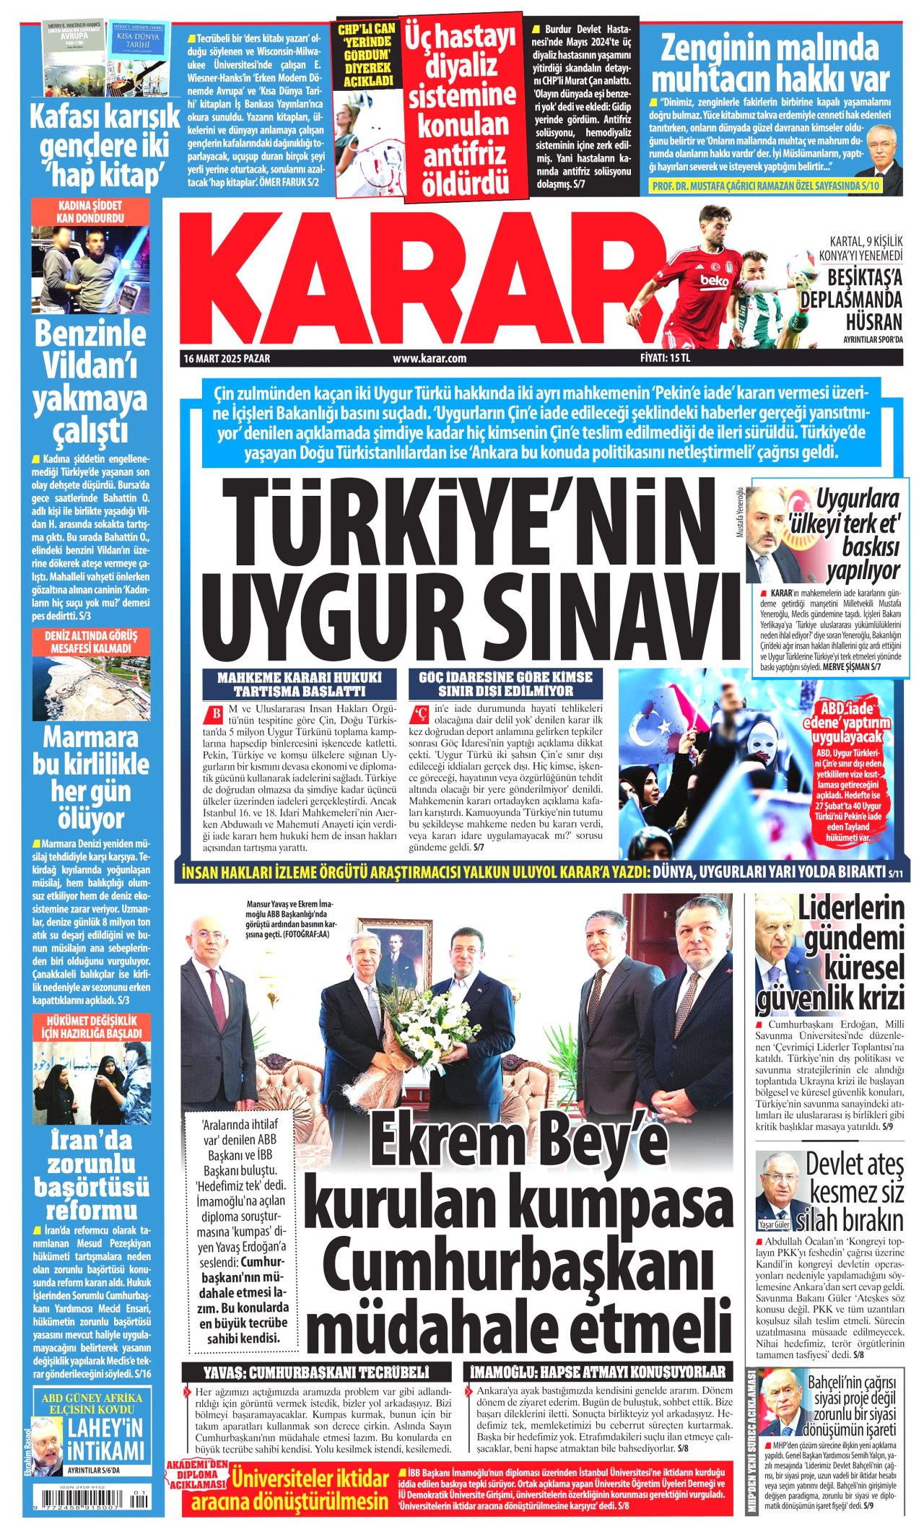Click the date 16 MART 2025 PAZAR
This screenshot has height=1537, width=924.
[x=227, y=358]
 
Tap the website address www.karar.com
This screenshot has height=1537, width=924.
[x=430, y=358]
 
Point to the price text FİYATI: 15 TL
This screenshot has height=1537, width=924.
[x=665, y=357]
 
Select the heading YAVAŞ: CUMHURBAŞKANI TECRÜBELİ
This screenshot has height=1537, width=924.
[x=316, y=1372]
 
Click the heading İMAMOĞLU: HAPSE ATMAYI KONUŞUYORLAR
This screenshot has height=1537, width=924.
[x=597, y=1372]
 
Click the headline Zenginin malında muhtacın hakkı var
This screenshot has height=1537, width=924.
[x=770, y=64]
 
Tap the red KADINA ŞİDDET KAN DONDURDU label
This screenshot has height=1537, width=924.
[x=90, y=212]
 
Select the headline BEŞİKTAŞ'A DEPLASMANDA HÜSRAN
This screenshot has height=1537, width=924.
[x=864, y=299]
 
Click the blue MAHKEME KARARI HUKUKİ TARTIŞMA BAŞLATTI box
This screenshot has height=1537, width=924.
[x=299, y=684]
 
